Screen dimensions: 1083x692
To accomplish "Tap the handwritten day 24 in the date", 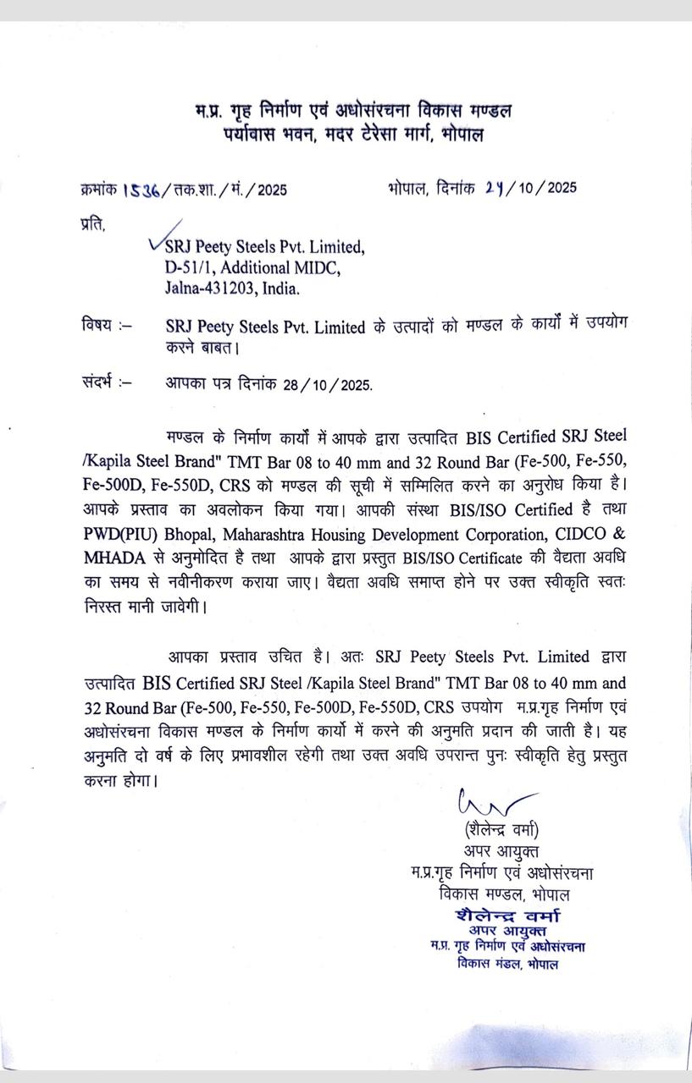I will pos(495,188).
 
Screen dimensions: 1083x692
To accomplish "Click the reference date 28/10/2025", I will pos(328,384).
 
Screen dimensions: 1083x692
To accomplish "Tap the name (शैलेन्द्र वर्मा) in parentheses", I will pos(501,829).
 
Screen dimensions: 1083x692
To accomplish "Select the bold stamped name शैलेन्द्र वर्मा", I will pos(507,915).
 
